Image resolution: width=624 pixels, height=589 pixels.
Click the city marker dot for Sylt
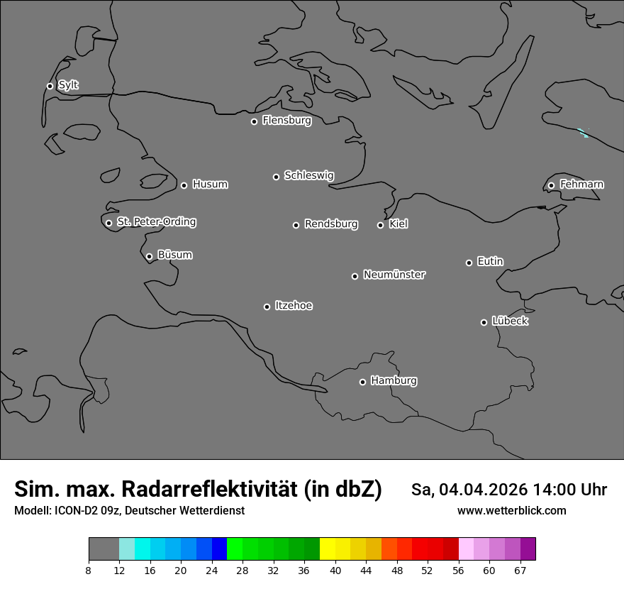[x=50, y=86]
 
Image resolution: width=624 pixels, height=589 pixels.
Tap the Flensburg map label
[x=286, y=121]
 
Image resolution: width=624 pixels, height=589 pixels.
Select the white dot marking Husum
[x=184, y=185]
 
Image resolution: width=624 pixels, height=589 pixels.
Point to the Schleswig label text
[x=308, y=175]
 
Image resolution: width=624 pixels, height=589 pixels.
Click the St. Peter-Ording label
[x=156, y=222]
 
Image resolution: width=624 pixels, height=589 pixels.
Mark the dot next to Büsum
[x=149, y=256]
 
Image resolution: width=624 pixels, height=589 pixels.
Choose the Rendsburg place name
[x=330, y=224]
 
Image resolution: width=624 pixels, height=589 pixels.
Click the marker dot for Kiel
[x=380, y=225]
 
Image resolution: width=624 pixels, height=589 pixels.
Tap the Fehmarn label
[x=581, y=185]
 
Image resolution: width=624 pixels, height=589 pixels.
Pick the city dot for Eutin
[x=469, y=263]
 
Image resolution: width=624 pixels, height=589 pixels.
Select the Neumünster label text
[x=394, y=275]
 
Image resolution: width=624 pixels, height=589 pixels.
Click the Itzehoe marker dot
[x=267, y=307]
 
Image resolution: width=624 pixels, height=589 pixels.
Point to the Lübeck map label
[x=510, y=321]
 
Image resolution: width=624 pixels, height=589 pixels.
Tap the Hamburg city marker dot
[x=362, y=382]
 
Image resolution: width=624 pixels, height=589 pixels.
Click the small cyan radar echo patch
[x=583, y=132]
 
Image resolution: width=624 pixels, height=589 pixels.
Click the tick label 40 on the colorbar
[x=335, y=571]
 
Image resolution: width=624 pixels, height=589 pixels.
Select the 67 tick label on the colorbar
[x=520, y=571]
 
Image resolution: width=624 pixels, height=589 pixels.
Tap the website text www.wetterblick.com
[x=511, y=511]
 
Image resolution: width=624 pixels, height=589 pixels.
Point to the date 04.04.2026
[x=483, y=490]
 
